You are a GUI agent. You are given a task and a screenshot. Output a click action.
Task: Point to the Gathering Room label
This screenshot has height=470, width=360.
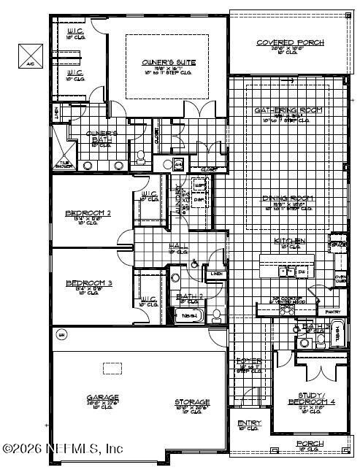(288, 110)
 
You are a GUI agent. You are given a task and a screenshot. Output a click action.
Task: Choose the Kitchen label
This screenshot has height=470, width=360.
(289, 242)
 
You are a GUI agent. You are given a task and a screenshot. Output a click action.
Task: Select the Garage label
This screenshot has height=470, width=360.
(102, 398)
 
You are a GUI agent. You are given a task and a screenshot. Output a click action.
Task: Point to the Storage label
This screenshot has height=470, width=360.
(192, 401)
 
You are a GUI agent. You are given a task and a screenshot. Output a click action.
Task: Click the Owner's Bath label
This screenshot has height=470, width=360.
(102, 135)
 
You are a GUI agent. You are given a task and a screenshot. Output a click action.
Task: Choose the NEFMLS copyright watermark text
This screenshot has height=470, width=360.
(62, 447)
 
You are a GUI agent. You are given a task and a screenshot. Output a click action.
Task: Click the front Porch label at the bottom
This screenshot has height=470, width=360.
(309, 444)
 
